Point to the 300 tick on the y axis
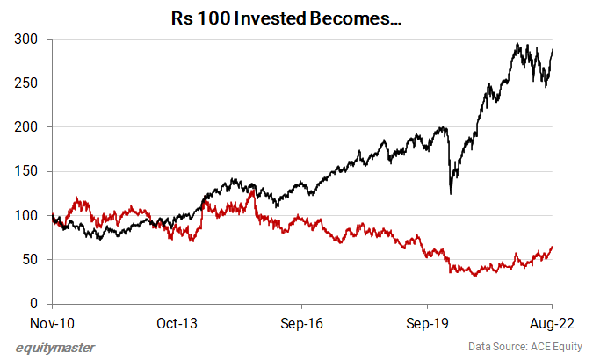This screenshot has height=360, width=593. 26,40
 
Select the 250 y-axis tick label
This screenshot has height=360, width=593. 26,83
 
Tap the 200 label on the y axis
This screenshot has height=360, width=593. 26,127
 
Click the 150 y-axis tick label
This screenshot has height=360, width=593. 26,171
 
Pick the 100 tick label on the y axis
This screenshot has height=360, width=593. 26,215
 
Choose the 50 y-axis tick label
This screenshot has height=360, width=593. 30,259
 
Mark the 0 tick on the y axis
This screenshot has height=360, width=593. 33,303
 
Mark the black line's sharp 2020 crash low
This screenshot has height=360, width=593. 451,192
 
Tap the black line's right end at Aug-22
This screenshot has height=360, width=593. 553,50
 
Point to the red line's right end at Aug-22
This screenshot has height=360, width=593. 552,247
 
